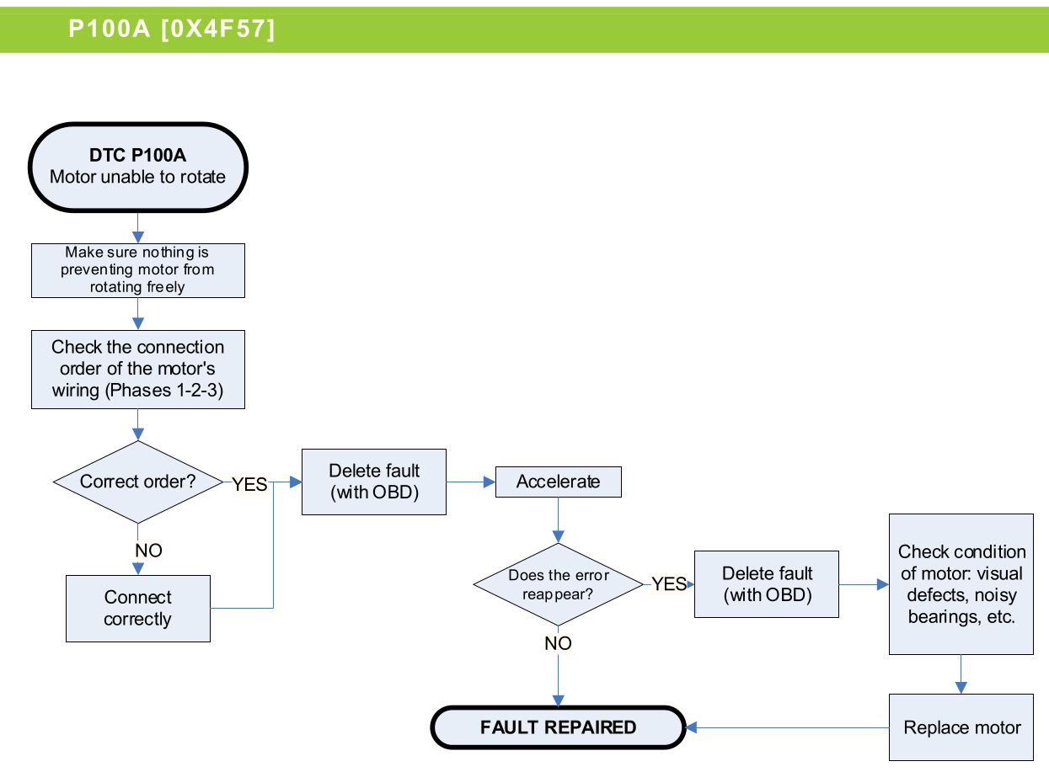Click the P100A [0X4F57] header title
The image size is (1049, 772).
tap(172, 29)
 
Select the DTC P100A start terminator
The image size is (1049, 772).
tap(138, 166)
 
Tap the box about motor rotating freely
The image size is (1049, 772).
tap(138, 270)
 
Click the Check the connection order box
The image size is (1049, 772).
tap(138, 369)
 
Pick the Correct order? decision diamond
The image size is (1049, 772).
tap(137, 482)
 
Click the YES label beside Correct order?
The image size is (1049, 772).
tap(249, 484)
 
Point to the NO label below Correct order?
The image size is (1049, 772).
tap(148, 551)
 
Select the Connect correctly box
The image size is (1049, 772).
tap(138, 608)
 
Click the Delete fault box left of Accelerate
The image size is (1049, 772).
tap(374, 482)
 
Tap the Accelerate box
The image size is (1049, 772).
tap(559, 482)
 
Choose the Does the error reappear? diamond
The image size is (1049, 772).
tap(558, 584)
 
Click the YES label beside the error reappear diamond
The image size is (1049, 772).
tap(669, 584)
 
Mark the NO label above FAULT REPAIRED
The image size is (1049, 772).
tap(558, 643)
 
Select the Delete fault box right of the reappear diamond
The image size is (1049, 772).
tap(767, 584)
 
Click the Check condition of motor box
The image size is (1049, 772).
tap(961, 584)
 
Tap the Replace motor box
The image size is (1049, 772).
tap(961, 727)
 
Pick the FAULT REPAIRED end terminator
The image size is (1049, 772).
tap(558, 727)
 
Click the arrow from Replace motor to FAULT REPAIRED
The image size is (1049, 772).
tap(788, 727)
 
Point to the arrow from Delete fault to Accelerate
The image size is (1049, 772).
tap(470, 482)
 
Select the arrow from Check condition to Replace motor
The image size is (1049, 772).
tap(961, 674)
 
